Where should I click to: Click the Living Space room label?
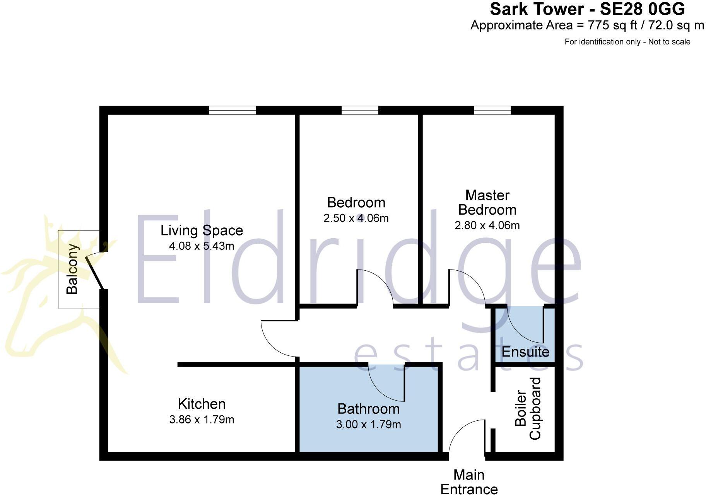pyautogui.click(x=202, y=230)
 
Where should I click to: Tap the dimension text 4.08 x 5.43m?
pyautogui.click(x=202, y=246)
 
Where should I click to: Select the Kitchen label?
pyautogui.click(x=202, y=404)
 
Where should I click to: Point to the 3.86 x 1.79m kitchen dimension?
pyautogui.click(x=202, y=420)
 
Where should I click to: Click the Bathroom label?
pyautogui.click(x=368, y=409)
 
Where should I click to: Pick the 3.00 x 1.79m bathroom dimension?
pyautogui.click(x=368, y=425)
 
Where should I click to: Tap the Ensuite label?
pyautogui.click(x=525, y=352)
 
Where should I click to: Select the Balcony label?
pyautogui.click(x=72, y=269)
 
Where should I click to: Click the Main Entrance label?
pyautogui.click(x=469, y=482)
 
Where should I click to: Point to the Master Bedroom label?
pyautogui.click(x=487, y=202)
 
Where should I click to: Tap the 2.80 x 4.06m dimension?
pyautogui.click(x=487, y=225)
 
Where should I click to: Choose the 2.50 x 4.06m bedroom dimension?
pyautogui.click(x=356, y=218)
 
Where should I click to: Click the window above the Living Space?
pyautogui.click(x=232, y=110)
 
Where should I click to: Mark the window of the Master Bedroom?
pyautogui.click(x=492, y=110)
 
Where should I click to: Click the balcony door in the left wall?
pyautogui.click(x=95, y=271)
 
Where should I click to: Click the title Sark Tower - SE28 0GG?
pyautogui.click(x=587, y=9)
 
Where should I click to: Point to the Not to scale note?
pyautogui.click(x=669, y=42)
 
